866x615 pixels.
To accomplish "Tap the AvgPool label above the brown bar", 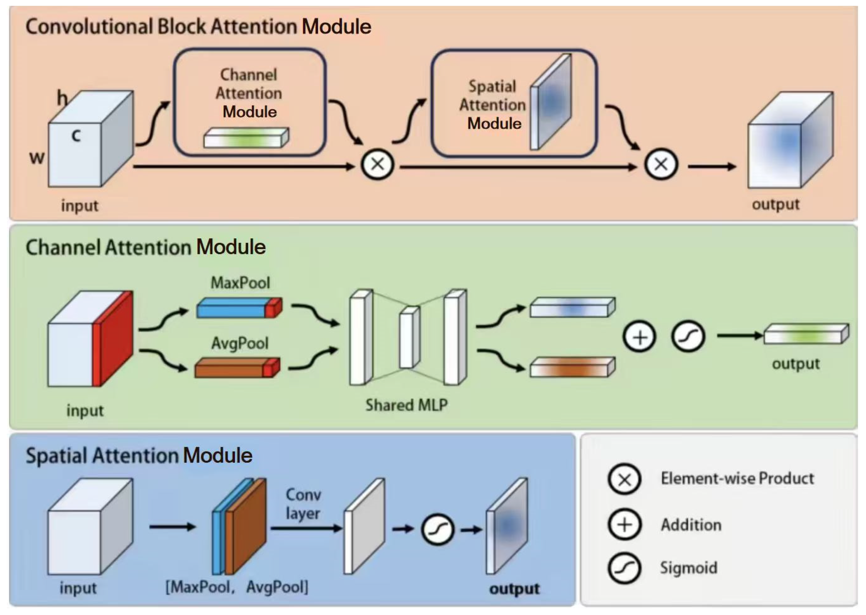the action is click(x=240, y=344).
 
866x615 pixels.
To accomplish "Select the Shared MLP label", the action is click(x=406, y=405).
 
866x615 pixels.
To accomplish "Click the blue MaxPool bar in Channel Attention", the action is click(x=239, y=308).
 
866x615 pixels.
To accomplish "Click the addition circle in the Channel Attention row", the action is click(x=640, y=337).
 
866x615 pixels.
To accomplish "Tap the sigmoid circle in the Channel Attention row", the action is click(x=688, y=337).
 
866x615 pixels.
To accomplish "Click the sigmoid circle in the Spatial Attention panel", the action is click(x=438, y=530).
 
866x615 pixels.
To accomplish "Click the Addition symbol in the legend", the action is click(x=624, y=525).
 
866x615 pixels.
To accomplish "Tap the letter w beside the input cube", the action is click(x=37, y=158).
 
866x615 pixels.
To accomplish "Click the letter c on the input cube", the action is click(x=76, y=135).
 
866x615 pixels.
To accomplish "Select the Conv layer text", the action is click(x=303, y=504).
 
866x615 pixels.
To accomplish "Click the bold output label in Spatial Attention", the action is click(x=514, y=589).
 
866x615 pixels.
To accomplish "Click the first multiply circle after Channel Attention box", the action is click(x=378, y=164).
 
